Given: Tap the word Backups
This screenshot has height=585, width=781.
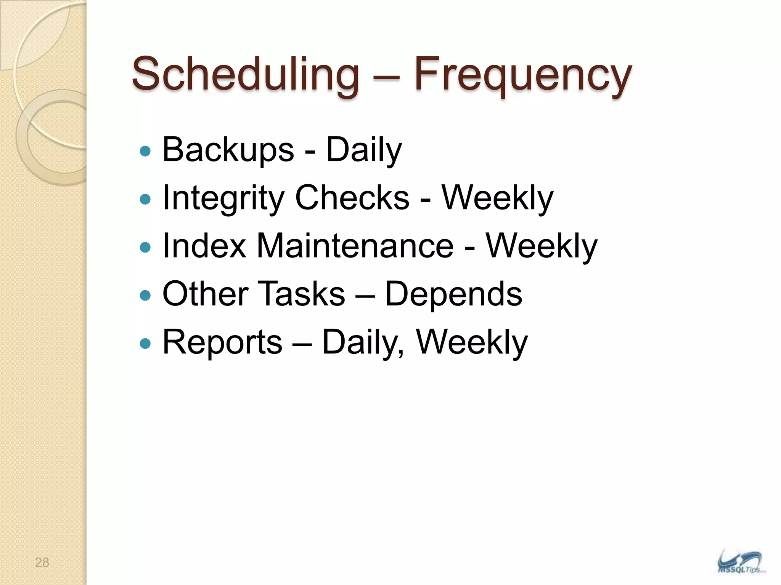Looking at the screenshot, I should (228, 150).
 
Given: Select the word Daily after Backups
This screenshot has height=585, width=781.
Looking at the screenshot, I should (364, 150).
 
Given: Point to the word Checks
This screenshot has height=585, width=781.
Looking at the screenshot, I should (352, 198).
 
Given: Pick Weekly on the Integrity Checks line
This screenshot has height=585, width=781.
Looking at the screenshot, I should (497, 198).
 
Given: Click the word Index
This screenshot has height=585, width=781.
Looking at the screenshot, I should (204, 246).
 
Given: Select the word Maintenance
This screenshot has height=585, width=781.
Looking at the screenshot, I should (355, 246).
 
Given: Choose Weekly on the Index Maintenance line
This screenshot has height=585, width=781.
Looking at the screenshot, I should (541, 246).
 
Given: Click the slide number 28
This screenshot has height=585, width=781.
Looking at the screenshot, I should (42, 563).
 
